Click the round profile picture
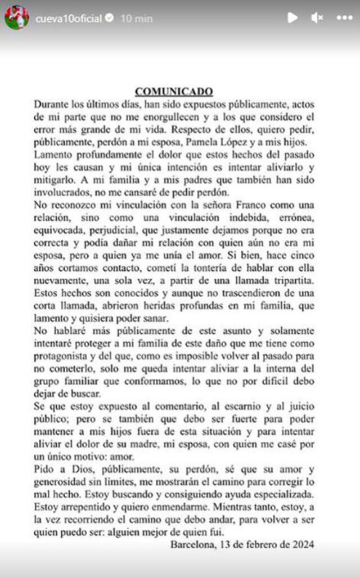(17, 17)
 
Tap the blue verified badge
(110, 19)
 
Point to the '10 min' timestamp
(136, 19)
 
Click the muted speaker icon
(317, 17)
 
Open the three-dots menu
(344, 17)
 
